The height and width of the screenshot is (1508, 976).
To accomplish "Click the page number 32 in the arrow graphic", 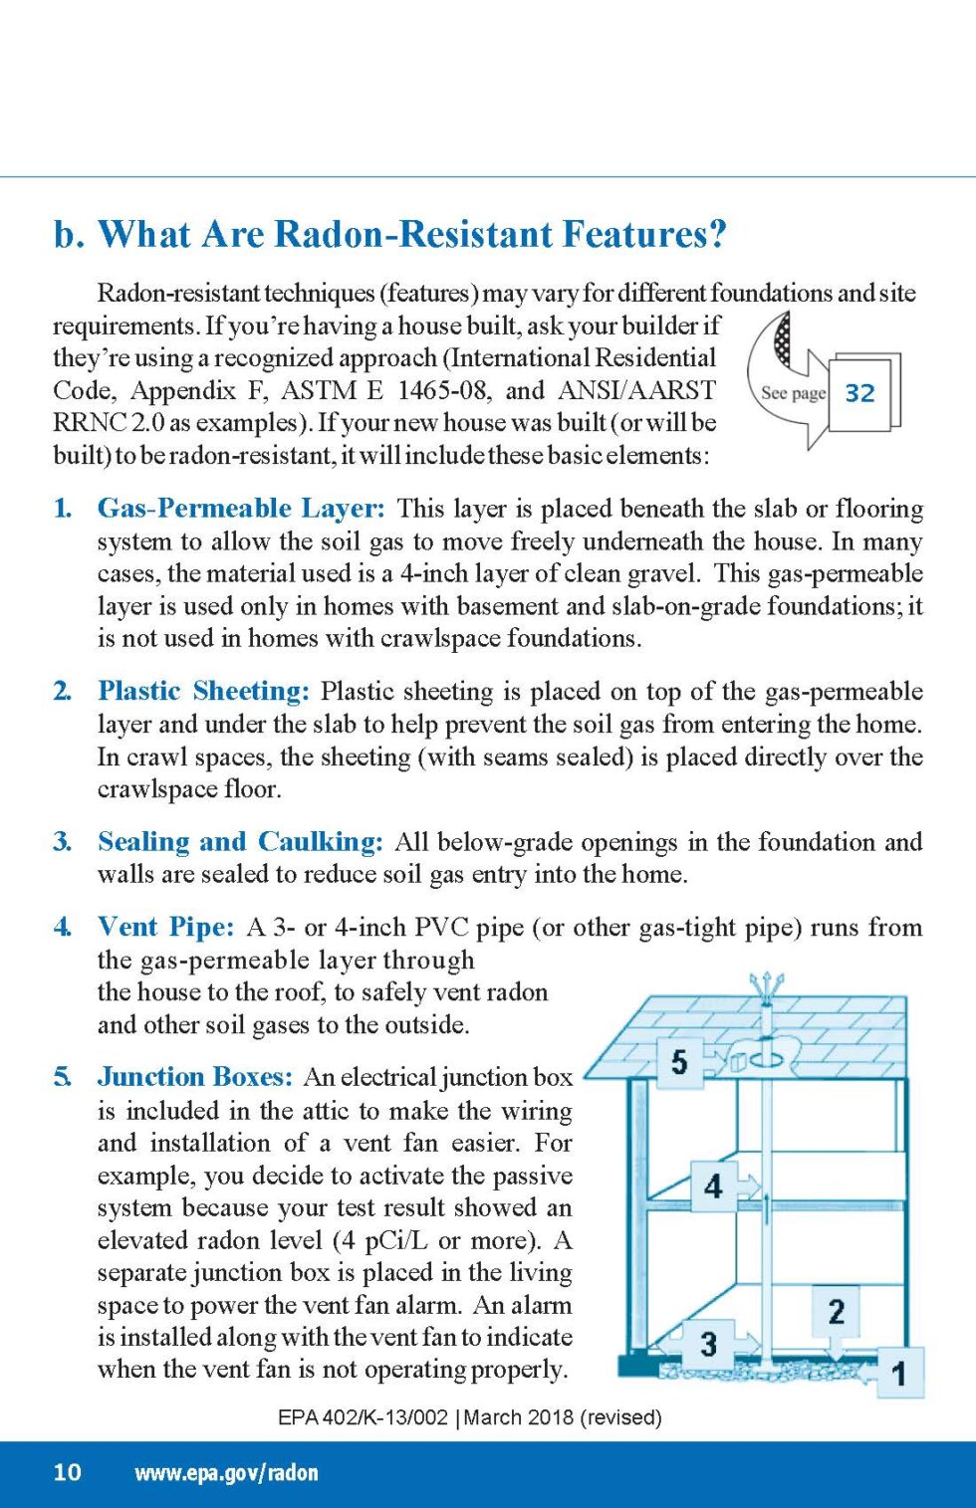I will [859, 393].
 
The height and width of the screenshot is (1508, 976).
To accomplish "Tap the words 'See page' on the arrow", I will [793, 393].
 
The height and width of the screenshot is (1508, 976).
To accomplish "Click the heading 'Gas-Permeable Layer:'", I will [240, 509].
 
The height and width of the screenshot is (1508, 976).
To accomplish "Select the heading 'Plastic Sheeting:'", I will [203, 691].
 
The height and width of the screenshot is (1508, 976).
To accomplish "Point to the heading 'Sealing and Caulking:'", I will [239, 842].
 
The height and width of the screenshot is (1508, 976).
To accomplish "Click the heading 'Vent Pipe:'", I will [165, 927].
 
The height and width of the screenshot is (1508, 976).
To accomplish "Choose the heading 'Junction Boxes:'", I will [194, 1077].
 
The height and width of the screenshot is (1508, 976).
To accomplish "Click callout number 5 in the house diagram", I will [679, 1061].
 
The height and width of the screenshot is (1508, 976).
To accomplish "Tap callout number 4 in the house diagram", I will [713, 1185].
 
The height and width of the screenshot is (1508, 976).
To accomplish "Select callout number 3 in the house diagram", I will [708, 1344].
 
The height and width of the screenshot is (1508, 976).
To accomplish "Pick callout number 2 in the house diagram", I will [837, 1311].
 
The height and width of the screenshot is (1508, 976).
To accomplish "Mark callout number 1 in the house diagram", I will [898, 1374].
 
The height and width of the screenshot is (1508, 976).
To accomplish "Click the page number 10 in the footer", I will [67, 1472].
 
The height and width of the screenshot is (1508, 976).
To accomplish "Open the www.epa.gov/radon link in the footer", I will [226, 1473].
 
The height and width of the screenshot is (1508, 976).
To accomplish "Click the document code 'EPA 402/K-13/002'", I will [363, 1417].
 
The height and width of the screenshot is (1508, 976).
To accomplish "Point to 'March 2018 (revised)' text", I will [563, 1417].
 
